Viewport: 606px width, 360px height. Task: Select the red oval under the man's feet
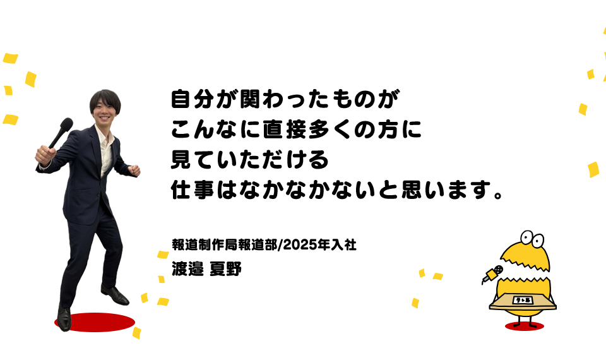click(x=95, y=322)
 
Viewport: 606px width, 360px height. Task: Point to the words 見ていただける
click(x=250, y=160)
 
